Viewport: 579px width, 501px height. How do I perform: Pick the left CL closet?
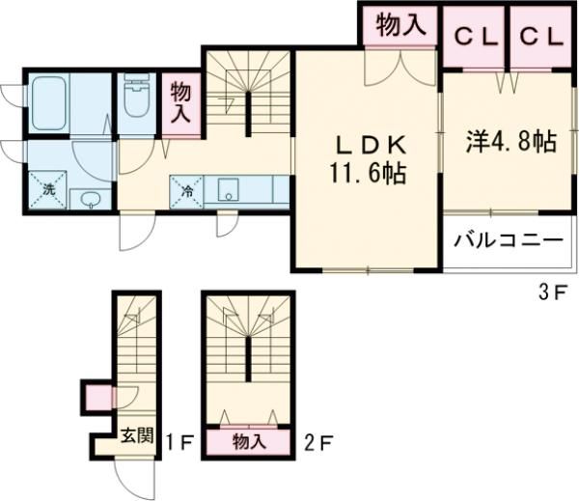tap(475, 37)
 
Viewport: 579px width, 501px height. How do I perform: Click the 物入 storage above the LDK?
tap(400, 26)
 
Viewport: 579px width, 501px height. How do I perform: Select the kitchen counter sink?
tap(229, 189)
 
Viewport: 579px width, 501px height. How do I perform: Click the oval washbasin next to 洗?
tap(91, 200)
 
